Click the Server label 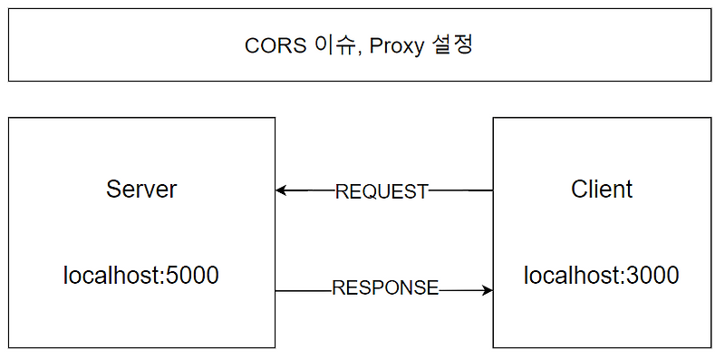click(141, 190)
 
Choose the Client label click(602, 190)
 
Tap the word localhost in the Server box click(109, 276)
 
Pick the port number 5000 click(190, 276)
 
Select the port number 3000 click(651, 276)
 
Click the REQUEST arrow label click(382, 191)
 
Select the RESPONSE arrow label click(385, 289)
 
